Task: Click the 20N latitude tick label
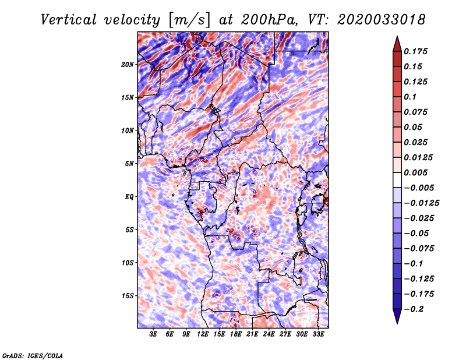[x=128, y=65]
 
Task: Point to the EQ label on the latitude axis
[x=129, y=197]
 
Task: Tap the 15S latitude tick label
[x=128, y=296]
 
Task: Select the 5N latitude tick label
[x=129, y=164]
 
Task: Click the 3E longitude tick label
[x=153, y=334]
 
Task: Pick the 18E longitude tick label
[x=236, y=334]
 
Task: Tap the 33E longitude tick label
[x=318, y=334]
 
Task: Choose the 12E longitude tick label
[x=203, y=334]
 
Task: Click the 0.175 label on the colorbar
[x=415, y=51]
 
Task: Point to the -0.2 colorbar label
[x=414, y=309]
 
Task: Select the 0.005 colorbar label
[x=415, y=172]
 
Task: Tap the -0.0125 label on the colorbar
[x=421, y=203]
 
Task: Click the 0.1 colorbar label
[x=410, y=97]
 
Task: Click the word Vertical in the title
[x=68, y=20]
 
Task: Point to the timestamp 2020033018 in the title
[x=382, y=20]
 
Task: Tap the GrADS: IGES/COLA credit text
[x=33, y=356]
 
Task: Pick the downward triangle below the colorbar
[x=397, y=316]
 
